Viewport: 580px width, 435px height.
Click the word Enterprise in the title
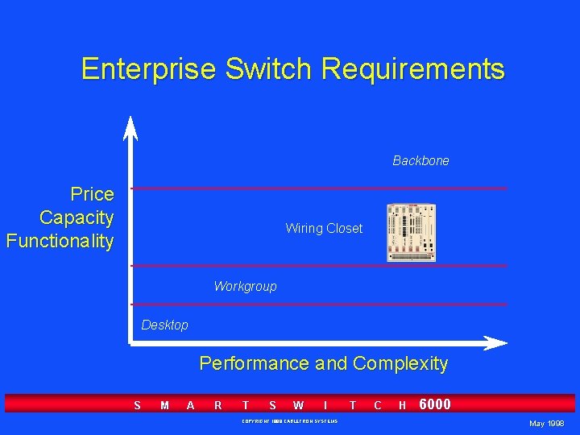coord(149,69)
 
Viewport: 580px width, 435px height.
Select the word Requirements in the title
coord(413,69)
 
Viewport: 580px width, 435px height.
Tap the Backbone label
coord(420,161)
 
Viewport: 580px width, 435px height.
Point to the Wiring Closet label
coord(324,229)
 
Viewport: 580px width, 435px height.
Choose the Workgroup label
coord(245,287)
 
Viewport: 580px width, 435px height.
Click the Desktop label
coord(164,325)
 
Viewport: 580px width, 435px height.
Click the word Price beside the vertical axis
coord(92,194)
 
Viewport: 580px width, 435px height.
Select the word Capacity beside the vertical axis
coord(77,217)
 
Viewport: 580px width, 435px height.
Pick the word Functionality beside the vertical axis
coord(60,241)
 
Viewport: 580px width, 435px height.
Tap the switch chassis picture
coord(411,232)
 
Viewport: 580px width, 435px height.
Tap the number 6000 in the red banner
coord(435,404)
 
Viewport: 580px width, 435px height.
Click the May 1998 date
coord(546,424)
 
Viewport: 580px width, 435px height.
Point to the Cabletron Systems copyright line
coord(290,421)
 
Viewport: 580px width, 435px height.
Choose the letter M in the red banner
coord(164,405)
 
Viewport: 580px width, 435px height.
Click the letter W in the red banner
coord(298,405)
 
